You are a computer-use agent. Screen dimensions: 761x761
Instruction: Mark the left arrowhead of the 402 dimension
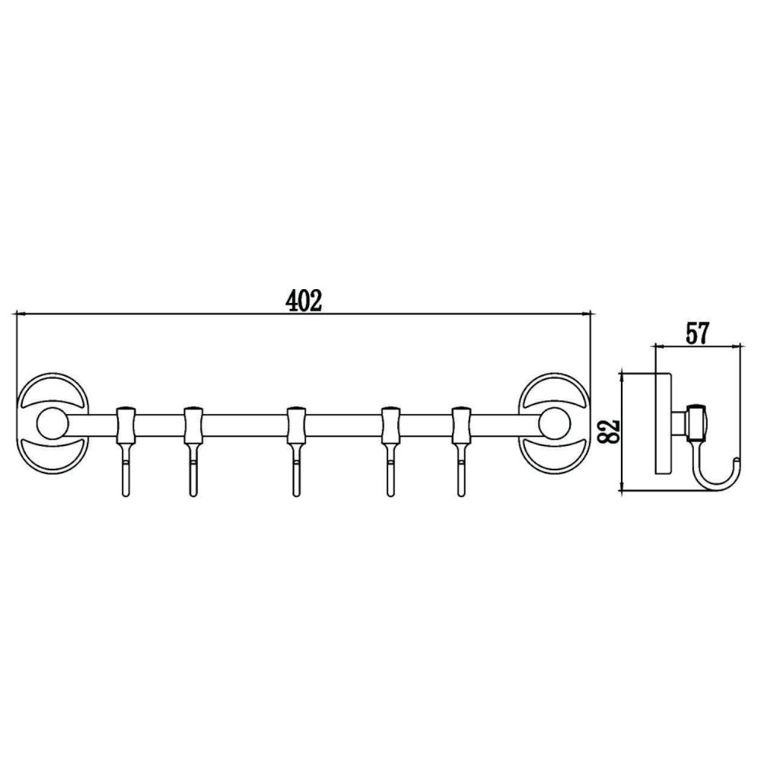(21, 313)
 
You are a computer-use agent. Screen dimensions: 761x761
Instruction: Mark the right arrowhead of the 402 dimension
(587, 313)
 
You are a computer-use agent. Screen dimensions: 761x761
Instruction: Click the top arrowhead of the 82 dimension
(623, 375)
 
